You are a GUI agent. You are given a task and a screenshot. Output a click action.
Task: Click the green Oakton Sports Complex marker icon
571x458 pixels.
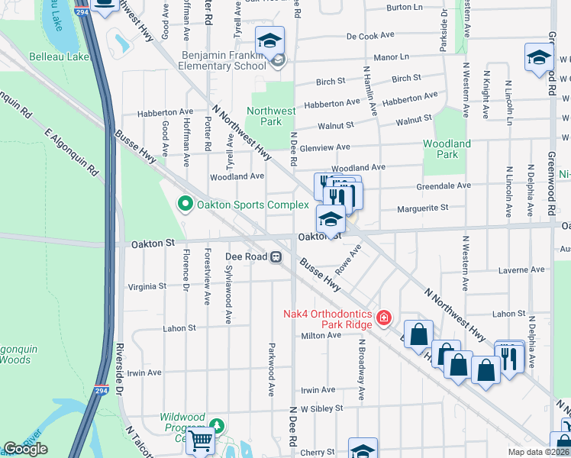coord(184,205)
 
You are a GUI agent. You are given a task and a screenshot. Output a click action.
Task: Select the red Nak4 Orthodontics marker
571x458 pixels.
coord(383,316)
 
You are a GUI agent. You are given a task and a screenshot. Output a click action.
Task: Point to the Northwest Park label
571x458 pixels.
coord(273,116)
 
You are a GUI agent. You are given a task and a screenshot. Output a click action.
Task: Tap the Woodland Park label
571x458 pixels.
coord(447,149)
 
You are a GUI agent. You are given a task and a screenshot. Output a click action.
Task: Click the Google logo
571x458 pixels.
coord(25,449)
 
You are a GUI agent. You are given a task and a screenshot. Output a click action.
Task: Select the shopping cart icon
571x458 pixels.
coord(200,440)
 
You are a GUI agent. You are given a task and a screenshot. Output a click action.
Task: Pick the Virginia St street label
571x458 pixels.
coord(147,285)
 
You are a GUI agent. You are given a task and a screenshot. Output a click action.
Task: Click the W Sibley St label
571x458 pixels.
coord(321,408)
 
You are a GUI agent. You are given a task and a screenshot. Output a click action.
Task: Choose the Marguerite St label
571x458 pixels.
coord(421,207)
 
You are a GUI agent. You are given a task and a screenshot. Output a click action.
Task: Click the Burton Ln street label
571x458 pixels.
coord(405,7)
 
